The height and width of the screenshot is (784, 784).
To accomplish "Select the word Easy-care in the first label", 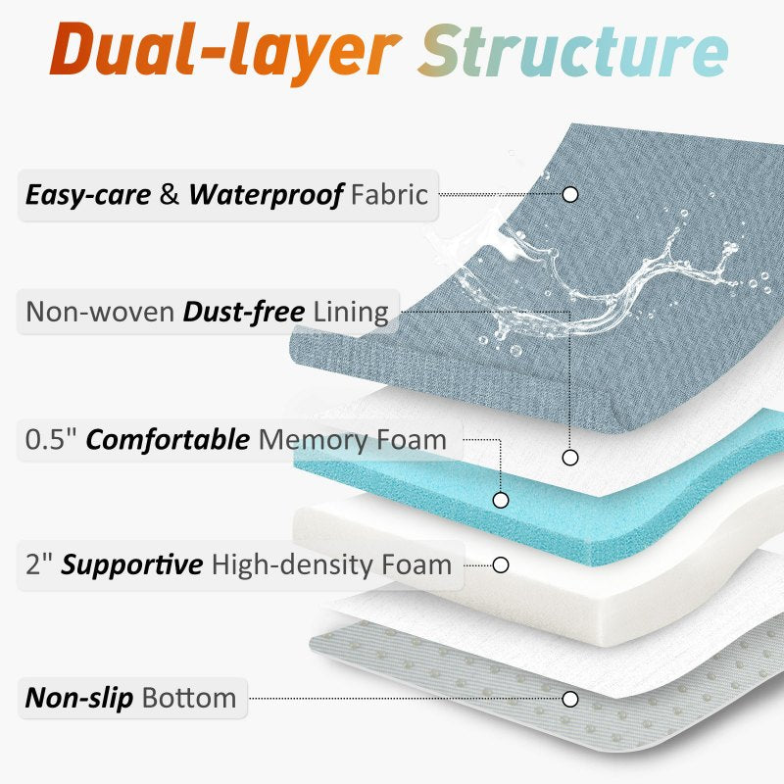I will click(x=88, y=194).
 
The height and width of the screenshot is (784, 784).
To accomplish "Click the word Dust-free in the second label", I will click(x=245, y=313).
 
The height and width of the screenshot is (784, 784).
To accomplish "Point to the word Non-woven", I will click(x=100, y=313).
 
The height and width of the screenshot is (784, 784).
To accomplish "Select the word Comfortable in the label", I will click(x=168, y=439).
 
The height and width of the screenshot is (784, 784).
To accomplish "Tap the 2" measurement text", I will click(x=39, y=564).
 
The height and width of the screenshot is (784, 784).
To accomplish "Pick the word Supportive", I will click(x=131, y=564).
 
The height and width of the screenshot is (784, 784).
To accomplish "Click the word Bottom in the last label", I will click(x=189, y=698).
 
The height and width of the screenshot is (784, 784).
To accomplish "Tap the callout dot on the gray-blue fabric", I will click(x=570, y=194).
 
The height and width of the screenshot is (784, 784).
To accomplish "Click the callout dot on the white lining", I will click(x=570, y=457).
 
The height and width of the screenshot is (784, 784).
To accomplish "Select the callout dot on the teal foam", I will click(x=501, y=500).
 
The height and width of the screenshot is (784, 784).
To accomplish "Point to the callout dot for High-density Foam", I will click(x=501, y=564).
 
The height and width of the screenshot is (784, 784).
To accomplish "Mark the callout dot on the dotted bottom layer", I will click(x=570, y=699).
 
